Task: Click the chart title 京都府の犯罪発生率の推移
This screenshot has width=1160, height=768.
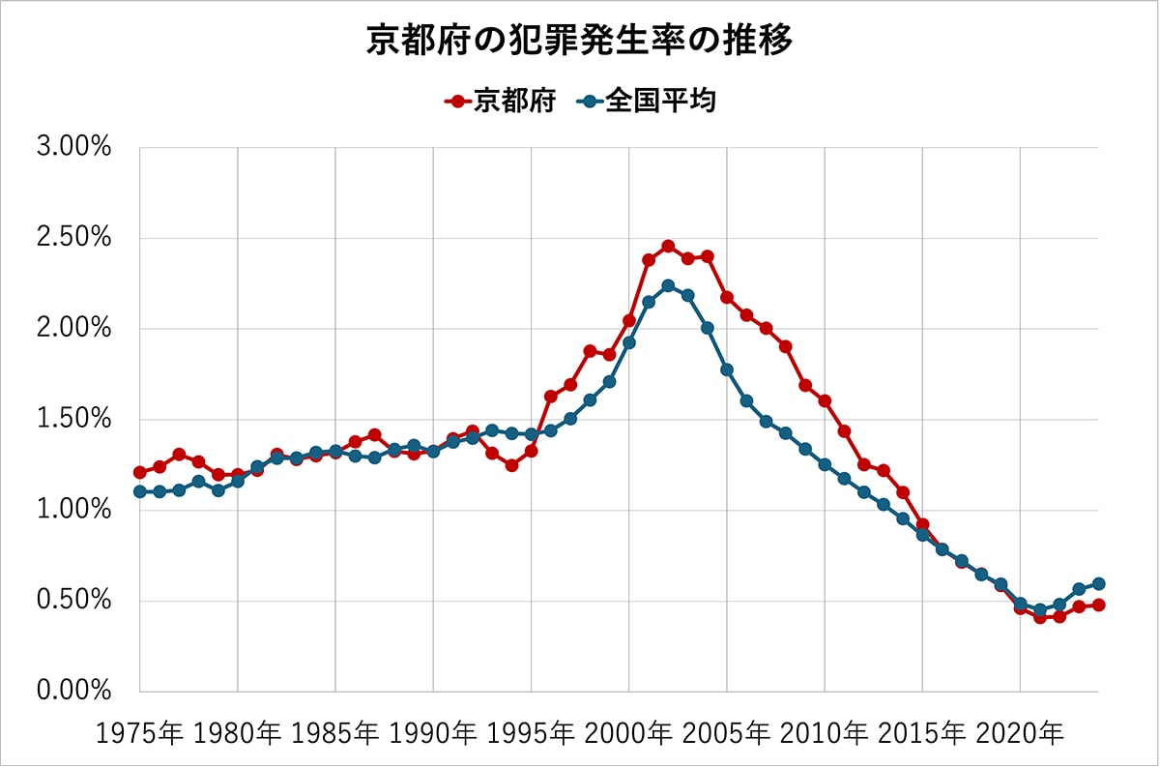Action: point(579,41)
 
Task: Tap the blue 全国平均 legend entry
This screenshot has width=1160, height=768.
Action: point(647,101)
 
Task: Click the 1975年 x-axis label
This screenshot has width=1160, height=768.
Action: point(139,733)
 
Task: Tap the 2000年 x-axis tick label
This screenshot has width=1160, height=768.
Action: point(628,733)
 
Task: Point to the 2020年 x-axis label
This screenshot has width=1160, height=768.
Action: point(1019,733)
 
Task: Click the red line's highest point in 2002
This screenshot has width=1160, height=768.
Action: point(668,246)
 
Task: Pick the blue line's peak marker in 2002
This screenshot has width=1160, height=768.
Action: point(668,285)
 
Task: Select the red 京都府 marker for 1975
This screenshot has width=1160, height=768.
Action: point(140,472)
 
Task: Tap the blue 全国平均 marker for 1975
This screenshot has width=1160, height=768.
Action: point(140,491)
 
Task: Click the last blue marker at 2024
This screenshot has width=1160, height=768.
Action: point(1098,583)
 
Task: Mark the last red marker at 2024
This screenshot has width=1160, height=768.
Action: point(1098,605)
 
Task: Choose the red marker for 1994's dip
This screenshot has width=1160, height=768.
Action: point(511,465)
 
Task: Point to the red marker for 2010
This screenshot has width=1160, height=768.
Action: point(825,400)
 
